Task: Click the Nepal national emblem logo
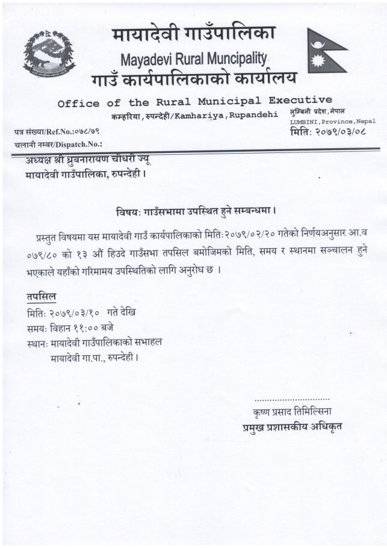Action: tap(49, 54)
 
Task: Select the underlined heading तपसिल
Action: tap(41, 297)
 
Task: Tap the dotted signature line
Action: tap(292, 399)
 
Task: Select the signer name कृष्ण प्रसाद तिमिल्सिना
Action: tap(293, 413)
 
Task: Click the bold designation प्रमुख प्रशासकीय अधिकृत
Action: tap(289, 428)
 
